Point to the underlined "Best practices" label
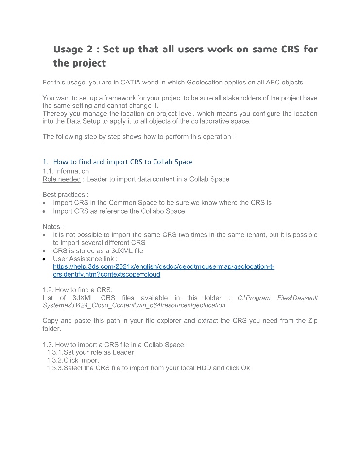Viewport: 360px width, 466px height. [65, 195]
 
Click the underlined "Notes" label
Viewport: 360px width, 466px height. [53, 227]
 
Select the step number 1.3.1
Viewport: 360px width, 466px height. [55, 352]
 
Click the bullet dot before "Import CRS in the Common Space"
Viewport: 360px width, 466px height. [45, 203]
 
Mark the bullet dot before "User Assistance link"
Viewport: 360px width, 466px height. [45, 259]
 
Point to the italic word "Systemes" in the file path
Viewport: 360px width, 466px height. [56, 305]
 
